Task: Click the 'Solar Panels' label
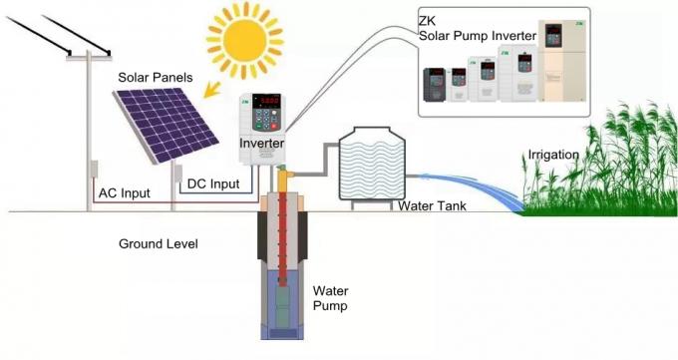(x=155, y=77)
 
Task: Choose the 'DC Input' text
(x=214, y=183)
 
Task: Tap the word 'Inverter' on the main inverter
(x=262, y=144)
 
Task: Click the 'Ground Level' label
(x=159, y=243)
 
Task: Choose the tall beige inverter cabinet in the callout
(x=555, y=66)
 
